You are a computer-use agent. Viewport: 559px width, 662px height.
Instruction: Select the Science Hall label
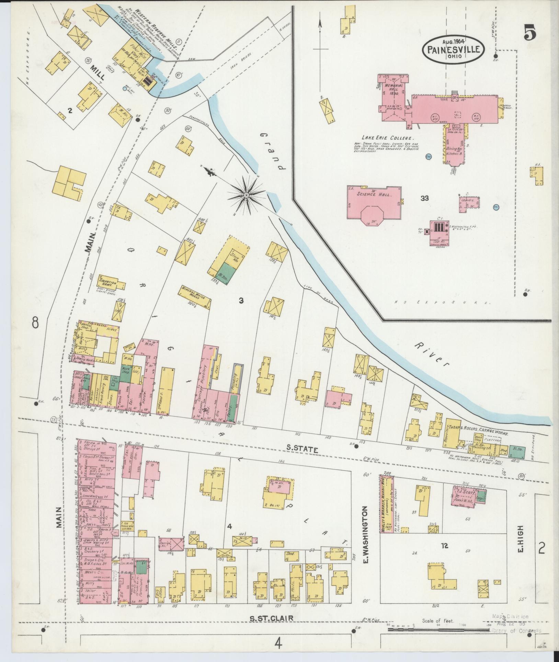[374, 194]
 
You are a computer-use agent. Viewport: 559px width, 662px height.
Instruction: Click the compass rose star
[246, 195]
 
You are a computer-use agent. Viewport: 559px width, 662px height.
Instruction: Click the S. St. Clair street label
[271, 618]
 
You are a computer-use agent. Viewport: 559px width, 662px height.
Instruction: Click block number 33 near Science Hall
[425, 198]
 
